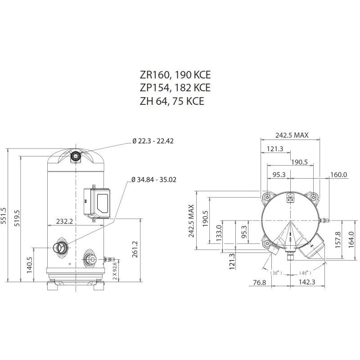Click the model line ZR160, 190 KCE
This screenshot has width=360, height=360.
pyautogui.click(x=175, y=74)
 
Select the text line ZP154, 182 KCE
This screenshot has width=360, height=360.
pyautogui.click(x=175, y=87)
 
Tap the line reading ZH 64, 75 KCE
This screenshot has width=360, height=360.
pyautogui.click(x=172, y=101)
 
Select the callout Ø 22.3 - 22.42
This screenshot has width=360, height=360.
pyautogui.click(x=153, y=141)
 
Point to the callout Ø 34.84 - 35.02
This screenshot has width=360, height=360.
pyautogui.click(x=154, y=179)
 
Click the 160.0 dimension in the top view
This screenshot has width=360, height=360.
pyautogui.click(x=339, y=175)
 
